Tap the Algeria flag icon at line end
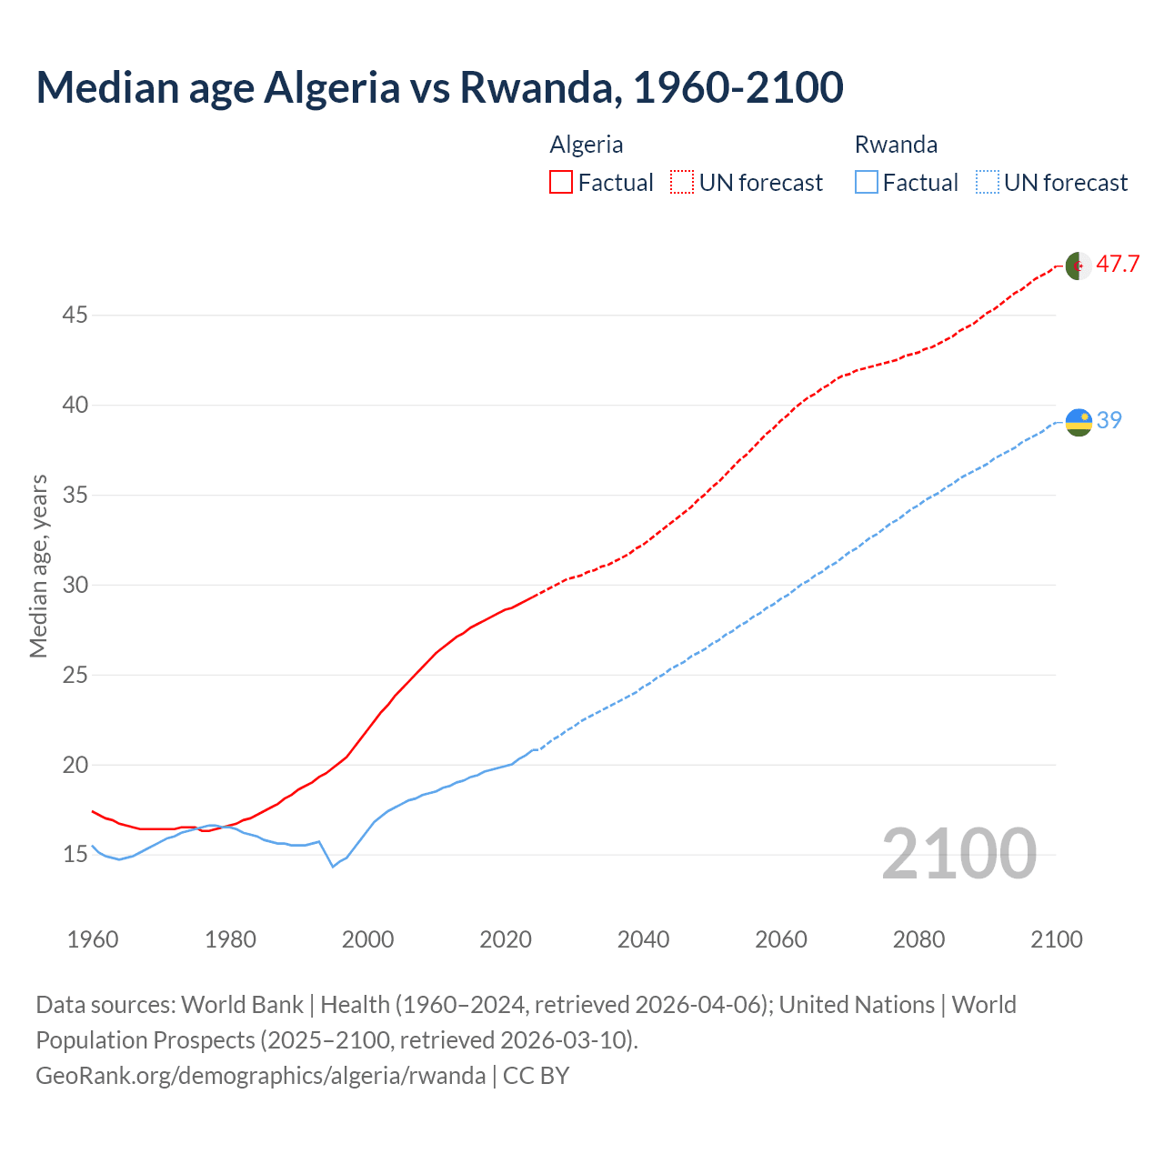1078,266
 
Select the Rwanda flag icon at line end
1078,422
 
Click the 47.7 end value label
1118,265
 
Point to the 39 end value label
1109,420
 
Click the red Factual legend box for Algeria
561,183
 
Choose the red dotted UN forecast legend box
682,183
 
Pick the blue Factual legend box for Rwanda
867,183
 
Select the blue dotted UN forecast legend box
988,183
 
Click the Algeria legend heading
587,145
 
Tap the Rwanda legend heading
896,145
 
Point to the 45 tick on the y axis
75,316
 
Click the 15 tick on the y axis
75,855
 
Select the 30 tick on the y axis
75,585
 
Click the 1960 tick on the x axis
93,939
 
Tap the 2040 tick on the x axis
643,939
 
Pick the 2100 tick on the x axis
1056,939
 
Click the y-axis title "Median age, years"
38,566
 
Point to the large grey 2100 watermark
958,854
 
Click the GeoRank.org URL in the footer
261,1076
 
